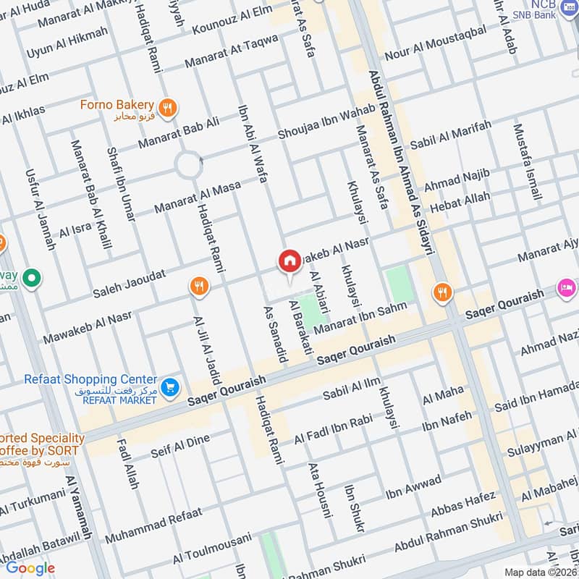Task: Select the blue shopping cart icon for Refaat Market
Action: click(x=170, y=387)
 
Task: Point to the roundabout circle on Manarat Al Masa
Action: click(x=189, y=166)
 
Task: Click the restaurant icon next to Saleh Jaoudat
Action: click(x=198, y=287)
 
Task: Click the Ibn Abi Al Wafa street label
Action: click(x=253, y=149)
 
